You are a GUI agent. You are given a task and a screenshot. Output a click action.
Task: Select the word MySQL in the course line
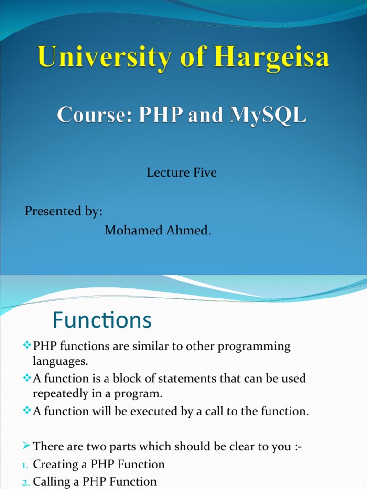[x=268, y=115]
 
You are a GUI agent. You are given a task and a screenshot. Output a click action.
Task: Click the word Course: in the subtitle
[x=94, y=115]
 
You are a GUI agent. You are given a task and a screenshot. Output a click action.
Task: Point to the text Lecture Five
[x=182, y=172]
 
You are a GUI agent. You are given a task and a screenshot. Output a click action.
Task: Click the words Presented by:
[x=64, y=212]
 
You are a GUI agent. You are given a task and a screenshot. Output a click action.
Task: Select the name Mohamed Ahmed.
[x=158, y=231]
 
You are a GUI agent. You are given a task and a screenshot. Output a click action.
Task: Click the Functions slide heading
[x=102, y=320]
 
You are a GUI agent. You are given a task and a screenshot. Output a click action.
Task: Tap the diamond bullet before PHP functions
[x=27, y=345]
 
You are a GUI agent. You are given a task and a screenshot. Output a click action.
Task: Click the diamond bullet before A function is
[x=27, y=378]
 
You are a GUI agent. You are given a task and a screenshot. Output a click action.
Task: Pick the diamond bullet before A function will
[x=27, y=410]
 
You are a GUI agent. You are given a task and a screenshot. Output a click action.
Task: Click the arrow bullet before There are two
[x=27, y=446]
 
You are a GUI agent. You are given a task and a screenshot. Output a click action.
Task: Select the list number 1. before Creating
[x=25, y=466]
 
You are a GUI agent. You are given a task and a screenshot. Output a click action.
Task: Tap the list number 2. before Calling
[x=26, y=483]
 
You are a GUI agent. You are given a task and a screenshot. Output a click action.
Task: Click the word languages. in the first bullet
[x=61, y=361]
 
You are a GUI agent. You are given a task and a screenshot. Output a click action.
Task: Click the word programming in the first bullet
[x=254, y=347]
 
